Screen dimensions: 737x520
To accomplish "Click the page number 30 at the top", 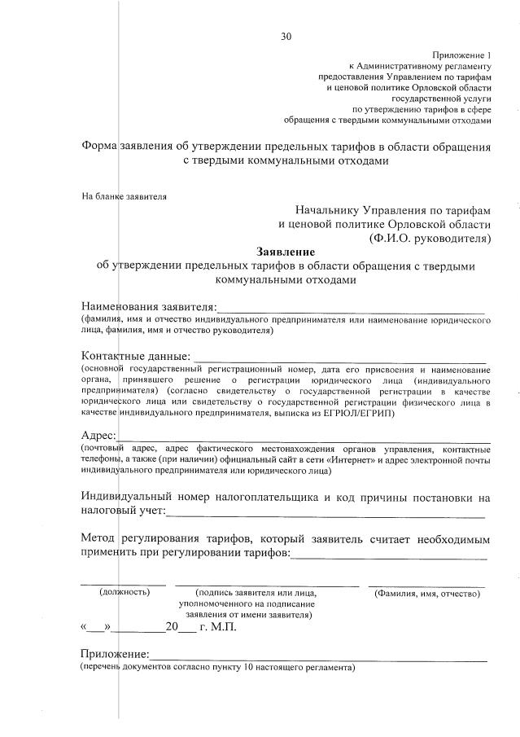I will (285, 35).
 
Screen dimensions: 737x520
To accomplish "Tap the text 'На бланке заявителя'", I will (124, 196).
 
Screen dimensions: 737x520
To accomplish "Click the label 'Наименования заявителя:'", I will (149, 307).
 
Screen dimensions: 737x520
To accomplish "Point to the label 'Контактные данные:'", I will (135, 356).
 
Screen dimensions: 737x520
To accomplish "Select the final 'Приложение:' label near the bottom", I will (114, 655).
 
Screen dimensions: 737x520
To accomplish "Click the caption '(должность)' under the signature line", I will (125, 593).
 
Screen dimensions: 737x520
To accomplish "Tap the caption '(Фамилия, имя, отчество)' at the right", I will (426, 594).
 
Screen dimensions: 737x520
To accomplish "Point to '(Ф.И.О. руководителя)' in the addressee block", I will (429, 238).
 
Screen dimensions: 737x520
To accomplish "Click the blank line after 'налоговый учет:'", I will (326, 513).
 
